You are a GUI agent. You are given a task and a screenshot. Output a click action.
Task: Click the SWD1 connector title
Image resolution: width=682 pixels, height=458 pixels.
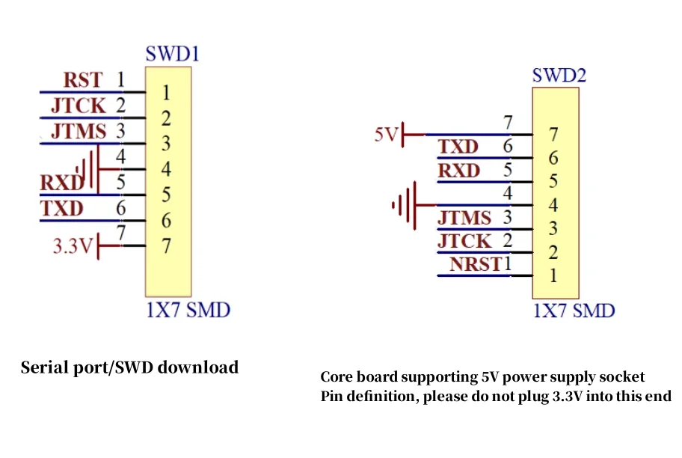[172, 54]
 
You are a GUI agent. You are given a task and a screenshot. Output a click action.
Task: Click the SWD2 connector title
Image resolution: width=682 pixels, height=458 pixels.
[559, 76]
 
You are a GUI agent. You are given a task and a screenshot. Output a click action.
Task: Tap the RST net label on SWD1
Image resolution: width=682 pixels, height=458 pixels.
[83, 80]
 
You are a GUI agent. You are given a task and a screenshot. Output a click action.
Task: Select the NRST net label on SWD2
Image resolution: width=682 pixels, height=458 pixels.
[476, 264]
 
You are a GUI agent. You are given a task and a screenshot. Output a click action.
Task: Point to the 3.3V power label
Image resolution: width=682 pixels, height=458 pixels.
[73, 246]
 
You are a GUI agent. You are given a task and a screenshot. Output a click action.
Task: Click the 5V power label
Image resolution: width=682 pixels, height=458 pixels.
[386, 135]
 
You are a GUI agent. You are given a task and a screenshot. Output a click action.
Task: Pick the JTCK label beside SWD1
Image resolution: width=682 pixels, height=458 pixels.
[79, 106]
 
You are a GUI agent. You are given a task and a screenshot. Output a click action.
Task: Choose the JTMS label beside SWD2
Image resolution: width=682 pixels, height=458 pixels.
[464, 218]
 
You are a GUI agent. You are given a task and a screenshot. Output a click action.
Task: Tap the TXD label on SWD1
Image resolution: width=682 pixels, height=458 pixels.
[62, 209]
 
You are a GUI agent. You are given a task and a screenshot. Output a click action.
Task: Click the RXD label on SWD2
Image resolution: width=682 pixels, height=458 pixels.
[459, 171]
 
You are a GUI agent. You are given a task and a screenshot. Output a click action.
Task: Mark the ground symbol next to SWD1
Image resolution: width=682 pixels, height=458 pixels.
[89, 169]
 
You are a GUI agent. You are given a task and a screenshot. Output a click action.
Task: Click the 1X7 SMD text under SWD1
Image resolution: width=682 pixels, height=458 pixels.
[188, 311]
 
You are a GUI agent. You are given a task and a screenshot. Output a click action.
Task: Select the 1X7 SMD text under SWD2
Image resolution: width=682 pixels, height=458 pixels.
[574, 311]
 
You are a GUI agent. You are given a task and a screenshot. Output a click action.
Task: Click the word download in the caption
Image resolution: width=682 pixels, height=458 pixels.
[198, 367]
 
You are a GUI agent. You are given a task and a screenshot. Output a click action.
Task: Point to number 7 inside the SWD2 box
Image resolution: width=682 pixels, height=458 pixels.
[553, 135]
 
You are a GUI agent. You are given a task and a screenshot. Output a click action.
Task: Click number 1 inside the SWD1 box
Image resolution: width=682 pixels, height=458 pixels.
[166, 93]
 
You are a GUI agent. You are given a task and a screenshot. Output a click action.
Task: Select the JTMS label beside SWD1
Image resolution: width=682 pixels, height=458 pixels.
[79, 132]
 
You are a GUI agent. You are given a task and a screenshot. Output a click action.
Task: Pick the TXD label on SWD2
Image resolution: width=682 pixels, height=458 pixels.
[458, 147]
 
